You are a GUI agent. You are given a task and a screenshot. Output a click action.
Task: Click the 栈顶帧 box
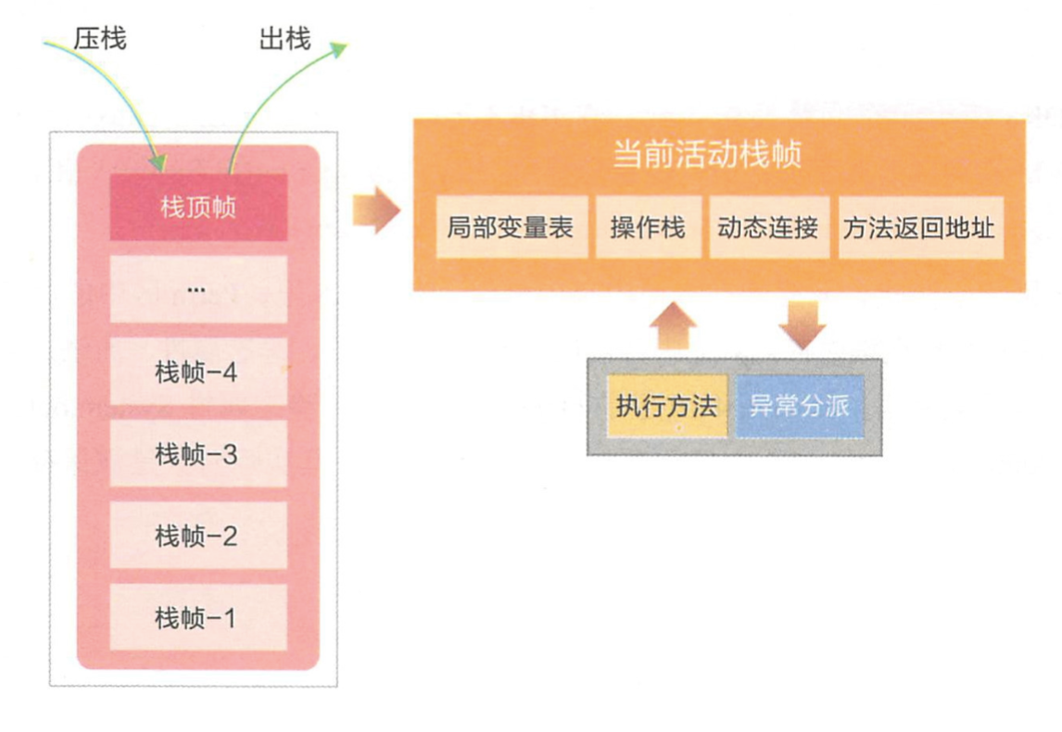pos(198,207)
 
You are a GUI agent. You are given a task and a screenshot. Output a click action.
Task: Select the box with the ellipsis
pos(198,289)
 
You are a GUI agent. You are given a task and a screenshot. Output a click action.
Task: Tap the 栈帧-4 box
pos(198,372)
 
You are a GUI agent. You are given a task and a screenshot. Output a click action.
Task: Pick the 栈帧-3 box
pos(198,454)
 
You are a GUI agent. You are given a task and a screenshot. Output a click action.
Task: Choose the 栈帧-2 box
pos(198,536)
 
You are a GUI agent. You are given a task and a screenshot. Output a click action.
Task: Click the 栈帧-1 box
pos(198,617)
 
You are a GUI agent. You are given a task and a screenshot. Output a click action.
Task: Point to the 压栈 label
pos(99,39)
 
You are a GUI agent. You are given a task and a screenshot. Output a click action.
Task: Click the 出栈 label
pos(284,39)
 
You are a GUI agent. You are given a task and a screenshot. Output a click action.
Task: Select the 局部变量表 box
pos(511,227)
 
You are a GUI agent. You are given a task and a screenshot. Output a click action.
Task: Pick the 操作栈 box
pos(648,227)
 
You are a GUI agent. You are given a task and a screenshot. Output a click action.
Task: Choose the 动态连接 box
pos(768,227)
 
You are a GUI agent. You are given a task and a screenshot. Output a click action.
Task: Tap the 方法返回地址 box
pos(920,227)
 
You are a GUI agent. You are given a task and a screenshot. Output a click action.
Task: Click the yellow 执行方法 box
pos(666,406)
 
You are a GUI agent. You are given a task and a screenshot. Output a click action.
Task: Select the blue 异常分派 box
pos(799,406)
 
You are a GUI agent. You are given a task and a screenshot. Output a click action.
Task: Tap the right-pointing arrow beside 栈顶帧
pos(375,210)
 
